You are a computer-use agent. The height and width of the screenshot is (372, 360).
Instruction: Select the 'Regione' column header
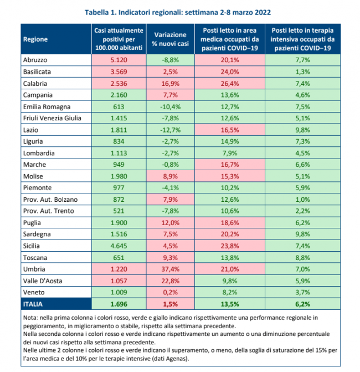[35, 39]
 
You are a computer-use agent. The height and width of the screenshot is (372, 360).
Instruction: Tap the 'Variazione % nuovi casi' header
[170, 39]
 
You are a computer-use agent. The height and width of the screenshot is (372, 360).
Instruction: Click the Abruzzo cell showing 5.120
[119, 60]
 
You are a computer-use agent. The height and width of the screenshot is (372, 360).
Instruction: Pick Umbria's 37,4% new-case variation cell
[171, 269]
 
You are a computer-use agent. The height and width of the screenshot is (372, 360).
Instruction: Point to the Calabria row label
[35, 84]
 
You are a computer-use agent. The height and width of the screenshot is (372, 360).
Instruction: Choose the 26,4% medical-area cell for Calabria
[230, 84]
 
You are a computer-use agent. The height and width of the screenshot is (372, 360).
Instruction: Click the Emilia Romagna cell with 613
[119, 107]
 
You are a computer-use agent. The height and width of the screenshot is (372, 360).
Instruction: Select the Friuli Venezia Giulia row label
[52, 118]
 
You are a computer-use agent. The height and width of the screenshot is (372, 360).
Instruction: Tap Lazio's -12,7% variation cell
[170, 130]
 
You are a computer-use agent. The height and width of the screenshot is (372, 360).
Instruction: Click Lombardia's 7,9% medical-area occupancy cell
[230, 153]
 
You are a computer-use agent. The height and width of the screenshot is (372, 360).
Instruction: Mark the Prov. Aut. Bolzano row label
[50, 200]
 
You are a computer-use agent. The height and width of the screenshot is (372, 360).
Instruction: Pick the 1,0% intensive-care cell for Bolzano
[302, 200]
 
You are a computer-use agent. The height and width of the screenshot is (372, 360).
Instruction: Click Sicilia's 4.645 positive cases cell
[119, 246]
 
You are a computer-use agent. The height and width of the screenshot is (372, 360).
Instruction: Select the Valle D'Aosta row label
[43, 281]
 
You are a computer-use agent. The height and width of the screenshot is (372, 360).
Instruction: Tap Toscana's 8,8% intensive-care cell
[302, 258]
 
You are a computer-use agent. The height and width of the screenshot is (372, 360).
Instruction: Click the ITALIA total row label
[33, 304]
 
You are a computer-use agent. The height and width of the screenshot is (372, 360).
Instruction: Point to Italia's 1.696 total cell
[119, 304]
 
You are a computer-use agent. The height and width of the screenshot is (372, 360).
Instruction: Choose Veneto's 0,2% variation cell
[171, 292]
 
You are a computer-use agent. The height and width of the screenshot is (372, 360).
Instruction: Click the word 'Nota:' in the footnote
[30, 318]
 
